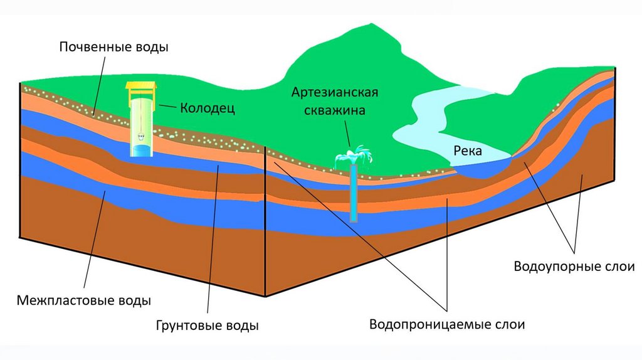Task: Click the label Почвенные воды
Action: (x=114, y=48)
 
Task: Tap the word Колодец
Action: (x=208, y=109)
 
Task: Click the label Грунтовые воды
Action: (x=207, y=326)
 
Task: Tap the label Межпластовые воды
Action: (x=83, y=300)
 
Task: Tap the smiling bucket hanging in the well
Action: (x=140, y=134)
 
